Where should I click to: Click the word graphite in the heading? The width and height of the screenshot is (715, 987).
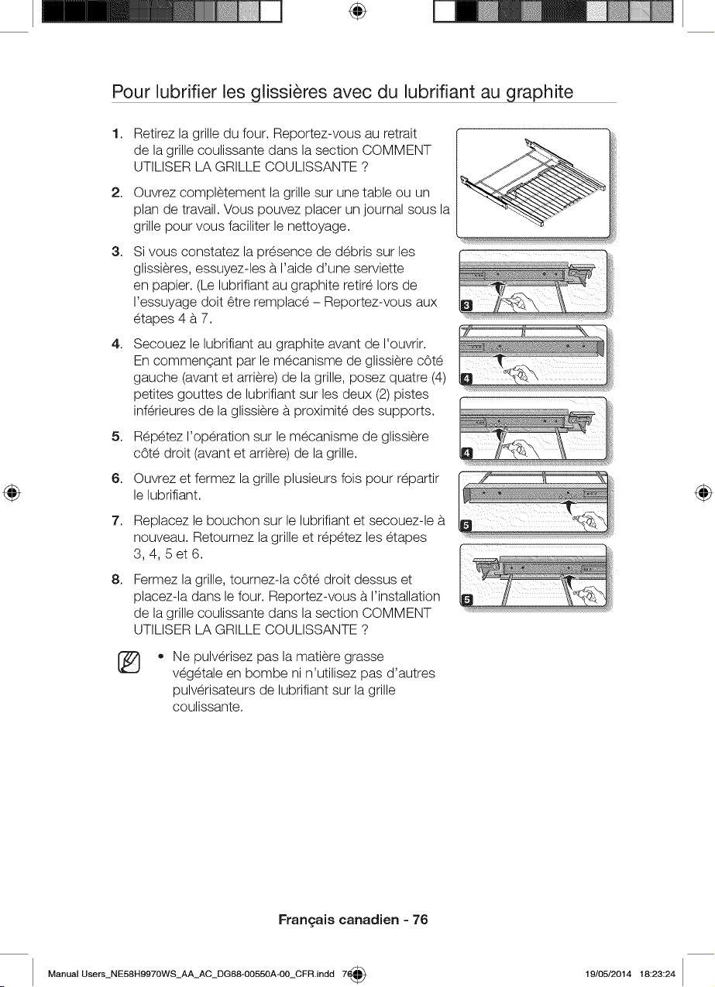(540, 92)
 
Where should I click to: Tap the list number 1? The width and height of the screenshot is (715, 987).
(116, 133)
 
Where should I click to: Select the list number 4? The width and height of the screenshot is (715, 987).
(116, 344)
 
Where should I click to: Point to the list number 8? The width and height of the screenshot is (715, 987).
(116, 580)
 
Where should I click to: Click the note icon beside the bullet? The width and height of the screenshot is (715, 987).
(129, 662)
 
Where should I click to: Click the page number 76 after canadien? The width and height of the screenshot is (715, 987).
(420, 920)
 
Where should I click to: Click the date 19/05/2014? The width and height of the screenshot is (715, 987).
(608, 974)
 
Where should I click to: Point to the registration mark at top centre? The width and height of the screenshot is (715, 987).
(358, 12)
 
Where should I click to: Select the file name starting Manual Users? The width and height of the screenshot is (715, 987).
(191, 974)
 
